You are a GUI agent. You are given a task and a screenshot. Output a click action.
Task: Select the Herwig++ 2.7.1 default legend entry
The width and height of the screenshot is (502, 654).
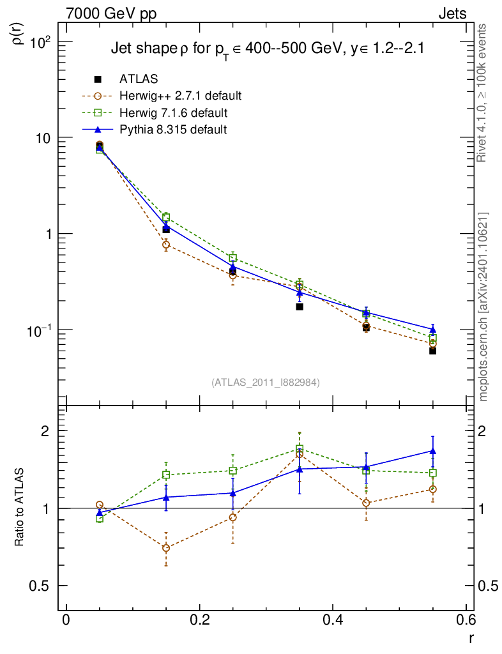click(x=180, y=96)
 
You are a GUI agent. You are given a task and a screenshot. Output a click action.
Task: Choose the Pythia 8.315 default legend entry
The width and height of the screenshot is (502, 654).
click(x=173, y=130)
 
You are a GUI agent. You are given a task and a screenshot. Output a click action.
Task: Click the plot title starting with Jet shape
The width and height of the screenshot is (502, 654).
click(x=268, y=49)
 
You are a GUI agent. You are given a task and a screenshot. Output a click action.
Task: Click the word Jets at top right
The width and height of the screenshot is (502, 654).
click(x=452, y=13)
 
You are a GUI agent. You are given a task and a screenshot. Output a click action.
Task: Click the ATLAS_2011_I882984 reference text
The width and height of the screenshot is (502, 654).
click(x=266, y=383)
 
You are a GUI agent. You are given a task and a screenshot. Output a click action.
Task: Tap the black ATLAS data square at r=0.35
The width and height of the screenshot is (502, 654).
click(x=300, y=307)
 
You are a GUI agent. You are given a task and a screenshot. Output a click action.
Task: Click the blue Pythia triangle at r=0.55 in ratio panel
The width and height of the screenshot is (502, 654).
click(x=432, y=451)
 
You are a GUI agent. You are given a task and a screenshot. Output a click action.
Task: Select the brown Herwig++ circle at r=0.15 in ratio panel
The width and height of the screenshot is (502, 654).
click(x=166, y=548)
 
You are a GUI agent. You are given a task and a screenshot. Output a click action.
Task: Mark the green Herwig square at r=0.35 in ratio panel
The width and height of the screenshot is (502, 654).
click(x=300, y=448)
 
